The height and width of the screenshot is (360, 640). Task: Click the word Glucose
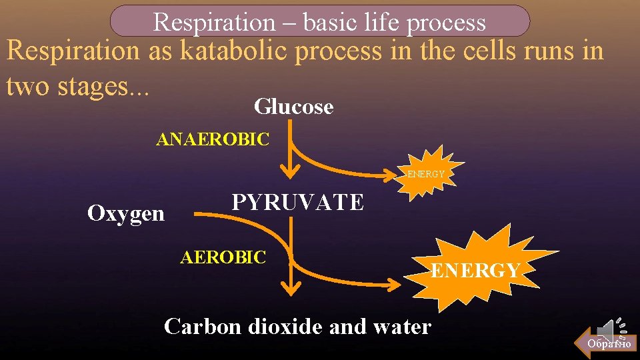pos(293,106)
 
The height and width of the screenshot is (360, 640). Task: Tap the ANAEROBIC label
pos(212,140)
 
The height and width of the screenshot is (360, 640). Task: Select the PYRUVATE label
pos(297,202)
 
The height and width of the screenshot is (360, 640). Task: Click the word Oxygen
pos(126,213)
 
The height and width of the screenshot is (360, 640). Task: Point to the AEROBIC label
pos(223,257)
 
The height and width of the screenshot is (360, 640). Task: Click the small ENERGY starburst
pos(426,173)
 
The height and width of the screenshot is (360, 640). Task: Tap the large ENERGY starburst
pos(476,270)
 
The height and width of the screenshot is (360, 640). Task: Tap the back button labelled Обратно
pos(608,343)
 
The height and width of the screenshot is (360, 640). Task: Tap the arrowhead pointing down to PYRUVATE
pos(290,171)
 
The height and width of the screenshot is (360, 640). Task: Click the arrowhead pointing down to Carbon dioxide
pos(290,287)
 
